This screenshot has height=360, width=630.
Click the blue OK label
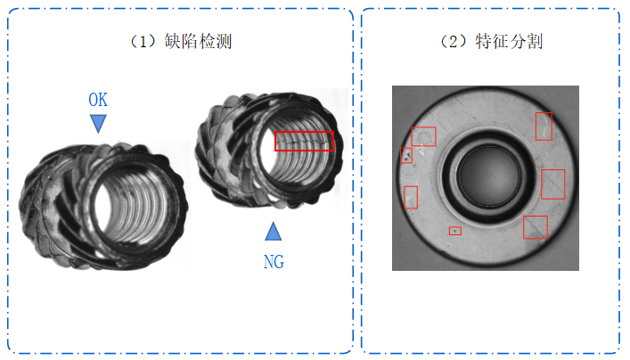pos(98,100)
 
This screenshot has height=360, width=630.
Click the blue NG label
pos(274,262)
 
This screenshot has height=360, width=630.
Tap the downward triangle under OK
pos(98,124)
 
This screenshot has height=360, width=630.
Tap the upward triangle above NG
pos(274,231)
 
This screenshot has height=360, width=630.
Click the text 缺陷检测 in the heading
pos(198,41)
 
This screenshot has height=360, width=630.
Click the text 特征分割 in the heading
pos(509,41)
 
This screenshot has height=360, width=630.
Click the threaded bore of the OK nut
pos(133,206)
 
